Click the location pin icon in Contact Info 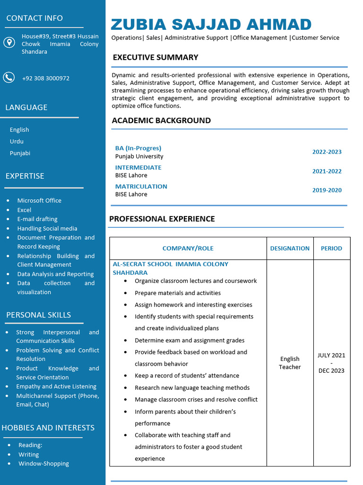[x=9, y=43]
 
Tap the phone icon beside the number [x=9, y=77]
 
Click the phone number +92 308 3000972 [x=45, y=78]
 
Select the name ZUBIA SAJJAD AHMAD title [x=211, y=24]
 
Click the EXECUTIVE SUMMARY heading [x=155, y=57]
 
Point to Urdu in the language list [x=17, y=141]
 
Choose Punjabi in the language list [x=20, y=153]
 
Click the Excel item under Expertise [x=24, y=210]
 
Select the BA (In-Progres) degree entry [x=138, y=148]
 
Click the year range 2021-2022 [x=327, y=171]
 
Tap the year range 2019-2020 [x=327, y=190]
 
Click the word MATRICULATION [x=141, y=187]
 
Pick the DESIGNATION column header [x=290, y=248]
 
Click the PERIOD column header [x=331, y=248]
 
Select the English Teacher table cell [x=290, y=363]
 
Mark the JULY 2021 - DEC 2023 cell [x=331, y=363]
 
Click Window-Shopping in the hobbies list [x=43, y=464]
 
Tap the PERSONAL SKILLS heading [x=38, y=315]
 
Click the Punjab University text [x=139, y=156]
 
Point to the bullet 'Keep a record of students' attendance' [x=187, y=376]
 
